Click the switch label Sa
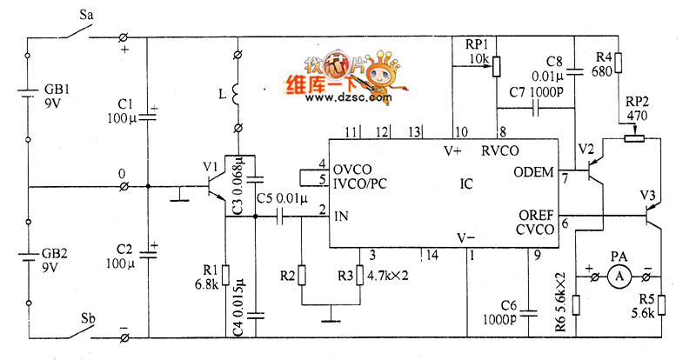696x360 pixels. [89, 16]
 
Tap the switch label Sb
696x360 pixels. [89, 316]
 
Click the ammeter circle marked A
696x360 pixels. [619, 277]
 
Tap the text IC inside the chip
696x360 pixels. [466, 183]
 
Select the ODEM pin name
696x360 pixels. [535, 171]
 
